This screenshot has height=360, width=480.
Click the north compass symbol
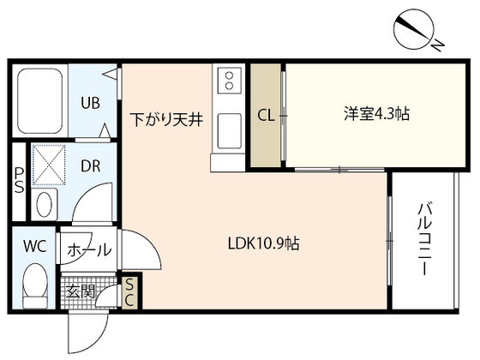coord(416,29)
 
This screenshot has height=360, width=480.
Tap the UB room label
coord(90,104)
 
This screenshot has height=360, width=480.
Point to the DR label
coord(90,165)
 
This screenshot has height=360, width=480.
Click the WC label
coord(34,247)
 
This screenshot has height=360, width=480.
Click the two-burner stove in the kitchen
coord(231,81)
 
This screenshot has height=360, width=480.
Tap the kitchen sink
coord(230,130)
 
